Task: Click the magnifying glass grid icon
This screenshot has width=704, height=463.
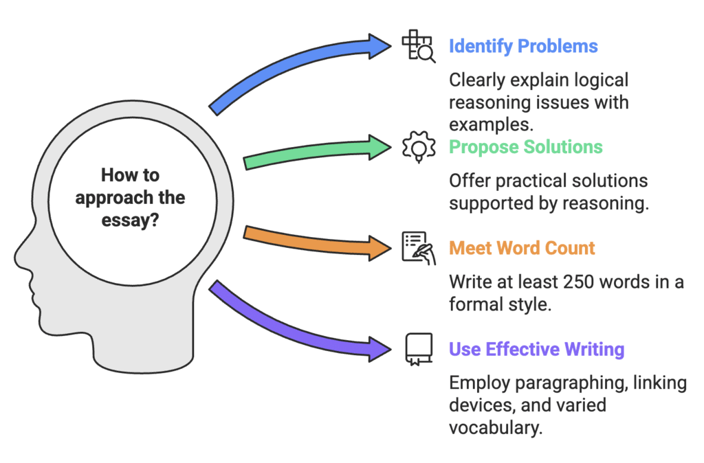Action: click(418, 47)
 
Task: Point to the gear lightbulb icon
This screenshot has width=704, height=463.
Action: click(417, 148)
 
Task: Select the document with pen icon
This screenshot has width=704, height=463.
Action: click(418, 248)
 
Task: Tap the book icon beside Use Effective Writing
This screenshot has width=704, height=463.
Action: click(418, 348)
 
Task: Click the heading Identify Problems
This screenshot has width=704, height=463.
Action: click(523, 47)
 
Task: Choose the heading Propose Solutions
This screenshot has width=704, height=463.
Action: click(526, 147)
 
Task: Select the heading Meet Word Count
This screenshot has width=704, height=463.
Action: click(522, 248)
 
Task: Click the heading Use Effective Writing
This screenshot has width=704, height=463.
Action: click(536, 349)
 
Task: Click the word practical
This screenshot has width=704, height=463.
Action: click(528, 181)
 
